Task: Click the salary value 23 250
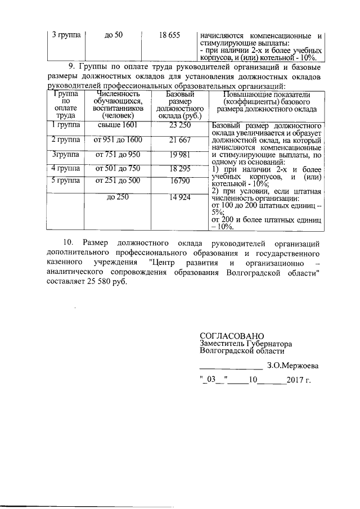coord(180,125)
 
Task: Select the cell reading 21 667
coord(180,139)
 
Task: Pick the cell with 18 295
coord(180,168)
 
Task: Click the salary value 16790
coord(180,181)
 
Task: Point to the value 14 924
coord(180,197)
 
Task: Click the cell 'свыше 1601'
coord(118,125)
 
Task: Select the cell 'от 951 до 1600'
coord(118,139)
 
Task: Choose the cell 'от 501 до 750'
coord(118,168)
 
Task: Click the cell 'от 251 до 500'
coord(118,181)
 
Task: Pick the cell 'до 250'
coord(118,197)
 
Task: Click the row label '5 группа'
coord(65,181)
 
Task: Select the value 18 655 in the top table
coord(169,35)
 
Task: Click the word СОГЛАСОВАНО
coord(231,334)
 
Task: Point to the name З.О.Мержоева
coord(292,365)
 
